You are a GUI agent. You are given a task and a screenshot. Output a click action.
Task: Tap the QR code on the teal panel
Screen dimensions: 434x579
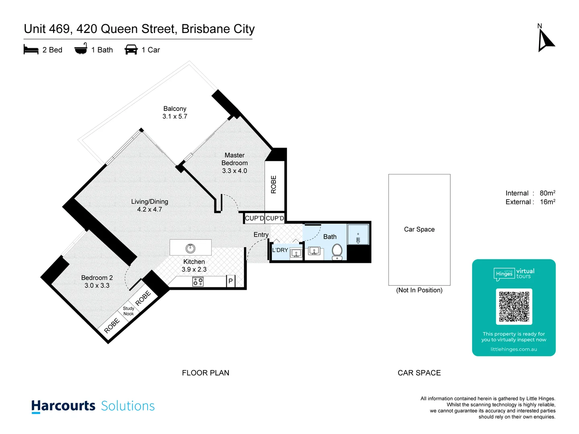[x=514, y=306]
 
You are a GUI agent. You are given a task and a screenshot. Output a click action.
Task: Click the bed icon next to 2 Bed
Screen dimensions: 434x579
[x=31, y=50]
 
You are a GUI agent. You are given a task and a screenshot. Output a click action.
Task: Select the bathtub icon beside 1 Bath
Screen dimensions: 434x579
[x=81, y=49]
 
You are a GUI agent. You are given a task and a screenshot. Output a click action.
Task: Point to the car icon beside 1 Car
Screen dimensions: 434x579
[x=131, y=49]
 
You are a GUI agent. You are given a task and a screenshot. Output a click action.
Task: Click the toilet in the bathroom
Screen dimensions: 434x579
[x=337, y=252]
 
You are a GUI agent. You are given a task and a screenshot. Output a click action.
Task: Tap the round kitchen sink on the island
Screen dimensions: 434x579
[x=190, y=248]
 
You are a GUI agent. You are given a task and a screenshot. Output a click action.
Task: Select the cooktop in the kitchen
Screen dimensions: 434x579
[x=198, y=281]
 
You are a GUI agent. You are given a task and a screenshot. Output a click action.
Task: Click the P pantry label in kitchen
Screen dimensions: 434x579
[x=230, y=281]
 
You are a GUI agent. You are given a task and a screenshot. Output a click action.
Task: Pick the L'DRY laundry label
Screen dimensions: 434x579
[x=280, y=250]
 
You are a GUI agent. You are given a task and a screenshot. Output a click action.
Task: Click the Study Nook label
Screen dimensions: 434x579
[x=129, y=311]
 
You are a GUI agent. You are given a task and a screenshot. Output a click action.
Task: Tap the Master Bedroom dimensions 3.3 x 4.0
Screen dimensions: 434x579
[x=234, y=171]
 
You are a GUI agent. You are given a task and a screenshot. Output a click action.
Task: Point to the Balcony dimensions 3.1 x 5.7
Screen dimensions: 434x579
[x=175, y=117]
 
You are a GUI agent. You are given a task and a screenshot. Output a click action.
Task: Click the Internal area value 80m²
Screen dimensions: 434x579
[x=547, y=193]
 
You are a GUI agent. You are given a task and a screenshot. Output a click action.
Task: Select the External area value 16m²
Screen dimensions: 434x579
[x=547, y=202]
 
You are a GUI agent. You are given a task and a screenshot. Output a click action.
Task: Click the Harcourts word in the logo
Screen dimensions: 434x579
[x=64, y=406]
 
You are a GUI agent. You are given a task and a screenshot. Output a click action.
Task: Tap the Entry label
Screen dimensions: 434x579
[x=261, y=235]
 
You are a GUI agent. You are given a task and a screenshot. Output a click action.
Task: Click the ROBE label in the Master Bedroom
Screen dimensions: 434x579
[x=274, y=184]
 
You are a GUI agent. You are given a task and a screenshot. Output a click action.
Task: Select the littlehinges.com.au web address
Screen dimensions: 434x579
[x=513, y=349]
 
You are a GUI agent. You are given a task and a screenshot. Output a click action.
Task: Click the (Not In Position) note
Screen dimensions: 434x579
[x=419, y=290]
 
